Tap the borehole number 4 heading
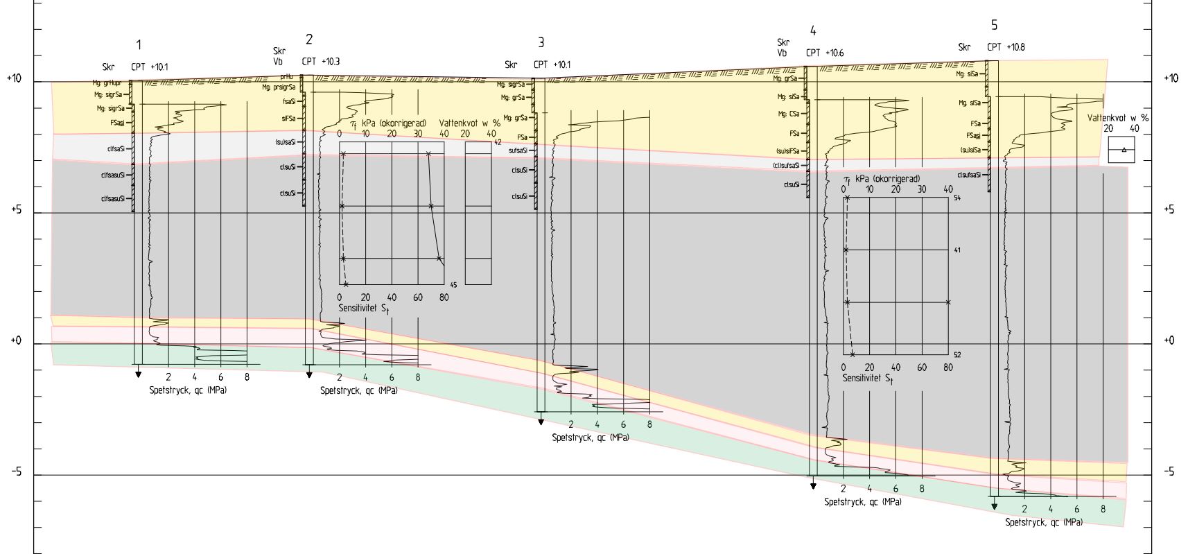click(813, 31)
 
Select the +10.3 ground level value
click(330, 62)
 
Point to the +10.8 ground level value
click(1015, 47)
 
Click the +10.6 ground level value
click(834, 53)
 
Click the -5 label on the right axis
click(1169, 472)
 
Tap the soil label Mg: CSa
click(789, 114)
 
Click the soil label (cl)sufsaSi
click(786, 166)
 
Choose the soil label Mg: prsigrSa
click(279, 87)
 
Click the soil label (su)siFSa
click(787, 151)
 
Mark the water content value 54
click(957, 198)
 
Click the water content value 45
click(453, 284)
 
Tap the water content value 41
click(957, 250)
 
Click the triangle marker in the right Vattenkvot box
click(1124, 150)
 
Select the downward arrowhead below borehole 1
click(139, 374)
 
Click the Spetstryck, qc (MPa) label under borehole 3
click(591, 438)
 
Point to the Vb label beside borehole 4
click(783, 53)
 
